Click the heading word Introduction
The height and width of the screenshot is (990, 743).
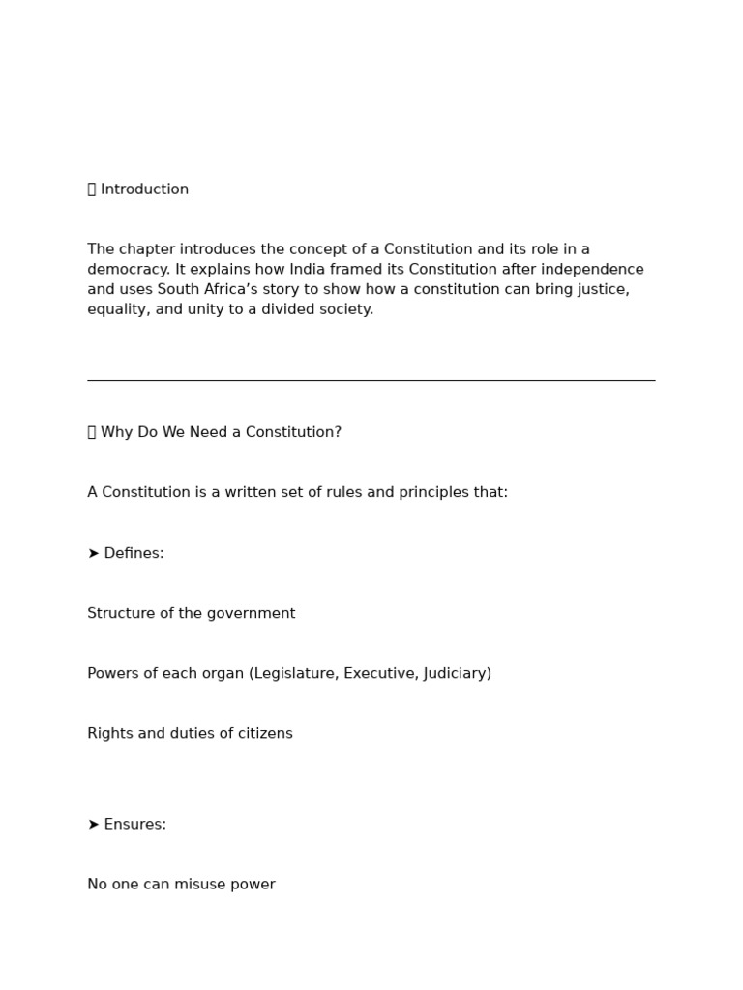coord(144,189)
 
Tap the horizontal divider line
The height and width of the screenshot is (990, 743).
coord(371,380)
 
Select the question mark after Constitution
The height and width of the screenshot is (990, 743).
coord(338,432)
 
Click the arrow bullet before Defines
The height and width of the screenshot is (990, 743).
coord(93,553)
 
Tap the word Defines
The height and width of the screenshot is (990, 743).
coord(134,553)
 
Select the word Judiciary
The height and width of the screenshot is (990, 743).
coord(456,673)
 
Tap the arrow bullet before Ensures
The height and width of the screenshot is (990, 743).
coord(93,824)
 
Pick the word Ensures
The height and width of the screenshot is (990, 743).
coord(134,824)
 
